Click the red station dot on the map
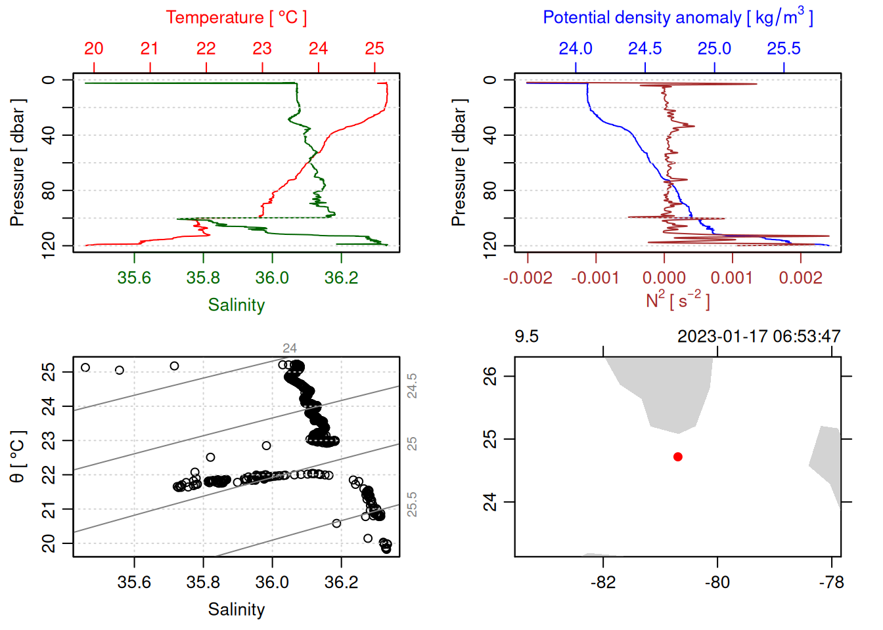point(678,457)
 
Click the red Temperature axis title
point(236,18)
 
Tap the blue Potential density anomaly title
point(677,18)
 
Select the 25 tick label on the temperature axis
point(374,49)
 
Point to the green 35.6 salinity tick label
point(134,278)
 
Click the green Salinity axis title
point(236,305)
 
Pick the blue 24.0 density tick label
point(576,49)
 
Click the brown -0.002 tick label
point(528,278)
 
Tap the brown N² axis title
point(677,300)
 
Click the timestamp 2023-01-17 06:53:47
point(759,337)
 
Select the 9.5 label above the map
point(526,337)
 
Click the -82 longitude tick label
point(603,582)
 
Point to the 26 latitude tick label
point(491,376)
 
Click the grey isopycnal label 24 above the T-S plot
point(290,348)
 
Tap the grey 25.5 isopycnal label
point(412,505)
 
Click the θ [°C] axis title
point(18,457)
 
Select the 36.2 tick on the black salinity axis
point(341,582)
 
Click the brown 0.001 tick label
point(732,278)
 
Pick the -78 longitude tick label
point(832,582)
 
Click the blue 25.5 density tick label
point(784,49)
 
